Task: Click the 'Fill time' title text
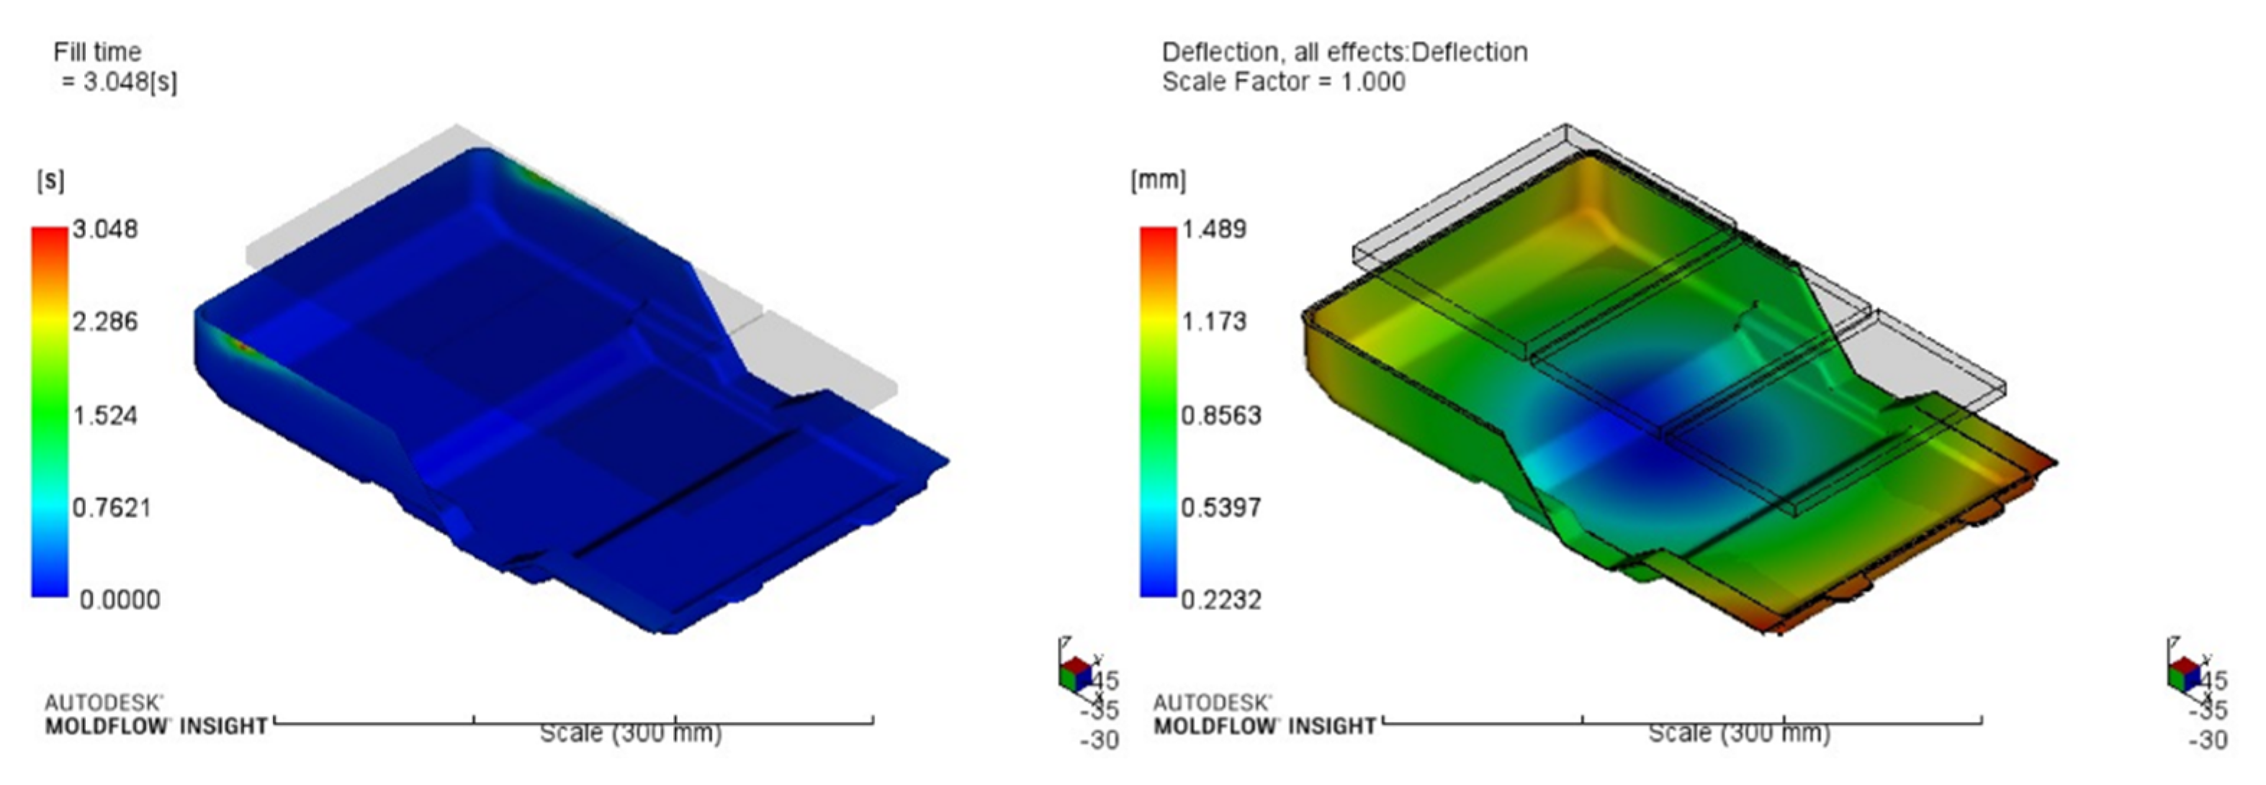(96, 52)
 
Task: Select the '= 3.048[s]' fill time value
(120, 82)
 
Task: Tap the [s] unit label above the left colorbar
(50, 181)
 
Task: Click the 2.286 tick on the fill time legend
(104, 322)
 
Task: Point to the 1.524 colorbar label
(104, 415)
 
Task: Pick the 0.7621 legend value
(111, 508)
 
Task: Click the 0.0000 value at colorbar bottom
(120, 600)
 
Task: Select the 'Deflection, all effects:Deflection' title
(1344, 53)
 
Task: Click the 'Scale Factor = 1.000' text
(1283, 83)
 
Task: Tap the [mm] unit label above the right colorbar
(1158, 181)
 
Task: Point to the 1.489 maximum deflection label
(1214, 230)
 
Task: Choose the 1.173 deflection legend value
(1214, 322)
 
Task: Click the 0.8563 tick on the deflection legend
(1221, 415)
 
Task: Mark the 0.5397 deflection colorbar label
(1221, 508)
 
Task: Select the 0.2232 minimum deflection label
(1221, 600)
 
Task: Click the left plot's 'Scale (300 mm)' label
(630, 733)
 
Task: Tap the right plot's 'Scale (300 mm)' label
(1738, 733)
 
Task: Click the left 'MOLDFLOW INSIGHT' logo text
(156, 727)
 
